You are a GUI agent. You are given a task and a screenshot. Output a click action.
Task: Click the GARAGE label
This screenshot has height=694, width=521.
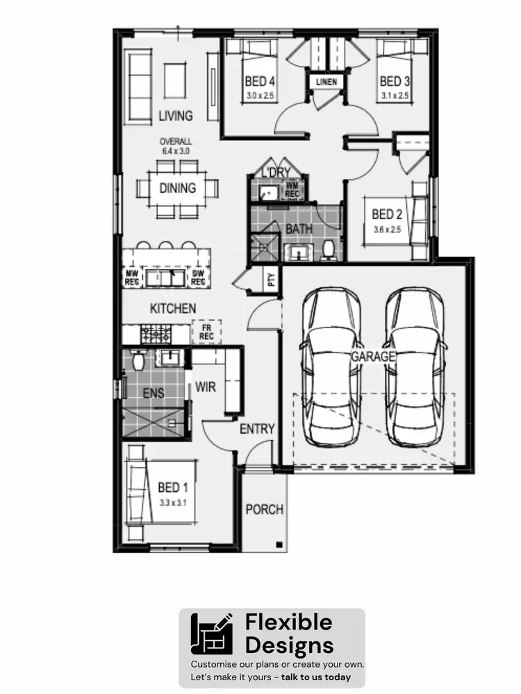tap(372, 356)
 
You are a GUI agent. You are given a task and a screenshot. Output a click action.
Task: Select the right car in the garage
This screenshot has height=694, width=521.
tap(415, 368)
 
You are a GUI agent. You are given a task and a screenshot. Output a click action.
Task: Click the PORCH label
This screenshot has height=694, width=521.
tap(265, 509)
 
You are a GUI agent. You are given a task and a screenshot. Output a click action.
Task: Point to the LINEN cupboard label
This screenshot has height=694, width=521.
tap(326, 82)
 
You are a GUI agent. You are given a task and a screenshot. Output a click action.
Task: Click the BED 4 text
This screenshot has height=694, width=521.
tap(258, 81)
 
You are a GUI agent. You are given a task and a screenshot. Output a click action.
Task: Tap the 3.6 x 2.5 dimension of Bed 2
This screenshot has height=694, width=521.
tap(387, 229)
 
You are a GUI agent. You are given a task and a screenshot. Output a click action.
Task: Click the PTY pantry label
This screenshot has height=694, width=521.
tap(272, 280)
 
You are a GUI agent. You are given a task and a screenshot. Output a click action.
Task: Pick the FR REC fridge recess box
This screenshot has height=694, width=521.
tap(206, 332)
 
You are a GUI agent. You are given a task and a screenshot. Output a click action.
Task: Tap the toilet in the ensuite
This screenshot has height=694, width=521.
tap(137, 359)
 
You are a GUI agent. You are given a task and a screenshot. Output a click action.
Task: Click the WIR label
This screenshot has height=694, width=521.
tap(206, 387)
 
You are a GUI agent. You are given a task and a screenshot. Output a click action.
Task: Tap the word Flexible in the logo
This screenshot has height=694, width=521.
tap(288, 623)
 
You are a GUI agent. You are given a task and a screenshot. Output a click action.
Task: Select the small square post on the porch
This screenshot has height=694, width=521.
tap(278, 543)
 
